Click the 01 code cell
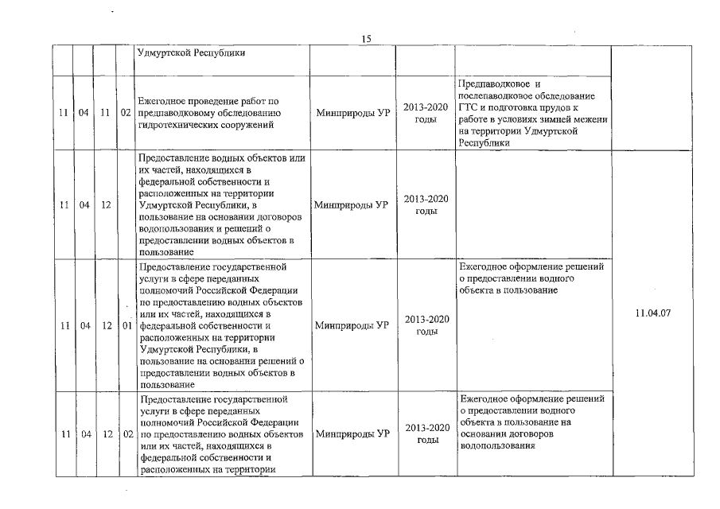[x=125, y=325]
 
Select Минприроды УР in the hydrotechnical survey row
[x=352, y=113]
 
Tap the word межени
[x=587, y=119]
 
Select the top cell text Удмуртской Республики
[x=191, y=53]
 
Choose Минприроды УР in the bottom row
[x=352, y=434]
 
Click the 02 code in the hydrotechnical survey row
[x=125, y=113]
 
